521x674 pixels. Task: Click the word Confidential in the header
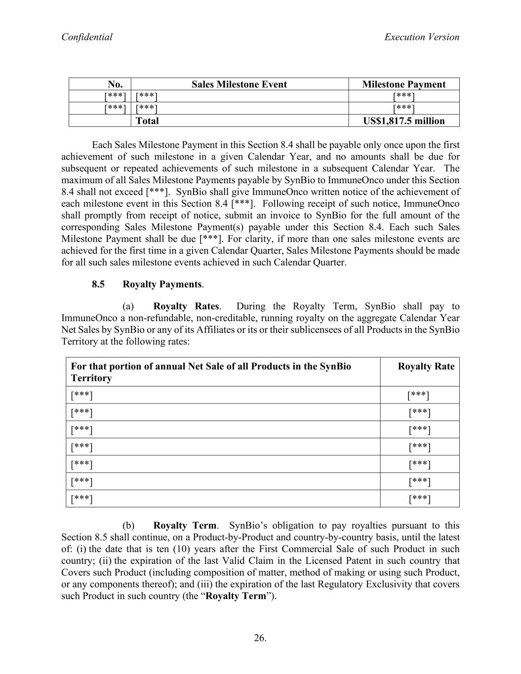coord(86,37)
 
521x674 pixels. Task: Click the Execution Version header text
coord(421,37)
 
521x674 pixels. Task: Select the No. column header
coord(115,84)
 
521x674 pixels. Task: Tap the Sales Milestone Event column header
coord(239,84)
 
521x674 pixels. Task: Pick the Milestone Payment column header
coord(403,84)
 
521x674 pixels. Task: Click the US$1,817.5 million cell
coord(403,121)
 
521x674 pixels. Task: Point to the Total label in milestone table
coord(147,121)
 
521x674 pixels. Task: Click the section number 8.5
coord(98,284)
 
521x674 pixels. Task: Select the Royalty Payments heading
coord(162,284)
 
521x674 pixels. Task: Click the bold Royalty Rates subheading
coord(186,307)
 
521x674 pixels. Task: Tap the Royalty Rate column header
coord(426,366)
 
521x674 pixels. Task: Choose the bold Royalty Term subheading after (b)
coord(185,525)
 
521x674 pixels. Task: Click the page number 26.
coord(260,638)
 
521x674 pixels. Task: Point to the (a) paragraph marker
coord(128,307)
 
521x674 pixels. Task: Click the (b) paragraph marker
coord(128,525)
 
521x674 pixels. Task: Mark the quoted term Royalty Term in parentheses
coord(236,596)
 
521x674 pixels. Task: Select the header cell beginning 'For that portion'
coord(211,372)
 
